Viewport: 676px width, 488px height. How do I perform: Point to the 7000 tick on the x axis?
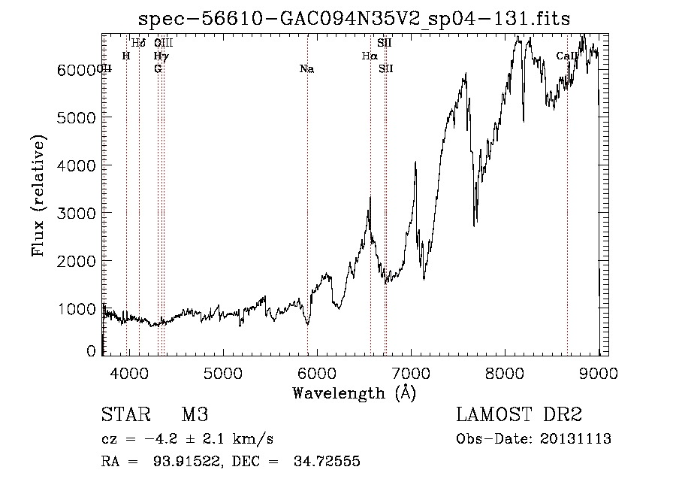(411, 371)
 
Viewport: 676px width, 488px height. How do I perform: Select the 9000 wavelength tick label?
(599, 371)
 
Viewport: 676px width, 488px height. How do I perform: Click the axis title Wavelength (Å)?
(354, 393)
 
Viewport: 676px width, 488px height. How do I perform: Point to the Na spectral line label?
(306, 69)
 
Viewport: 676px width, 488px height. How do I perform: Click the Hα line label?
(369, 56)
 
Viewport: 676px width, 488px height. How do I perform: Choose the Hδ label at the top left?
(138, 43)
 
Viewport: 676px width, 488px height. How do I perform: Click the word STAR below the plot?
(123, 415)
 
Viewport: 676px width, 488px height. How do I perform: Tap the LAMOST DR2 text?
(519, 415)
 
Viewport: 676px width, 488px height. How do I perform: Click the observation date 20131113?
(578, 439)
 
